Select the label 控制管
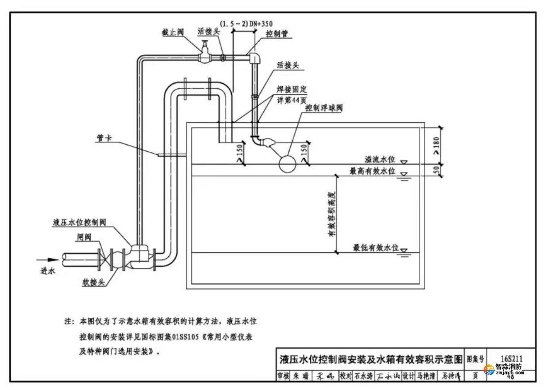pyautogui.click(x=277, y=34)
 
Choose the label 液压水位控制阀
pyautogui.click(x=79, y=222)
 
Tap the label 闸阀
pyautogui.click(x=83, y=236)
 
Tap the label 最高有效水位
pyautogui.click(x=373, y=171)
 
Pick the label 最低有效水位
pyautogui.click(x=376, y=249)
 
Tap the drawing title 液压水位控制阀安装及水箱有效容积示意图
pyautogui.click(x=371, y=360)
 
